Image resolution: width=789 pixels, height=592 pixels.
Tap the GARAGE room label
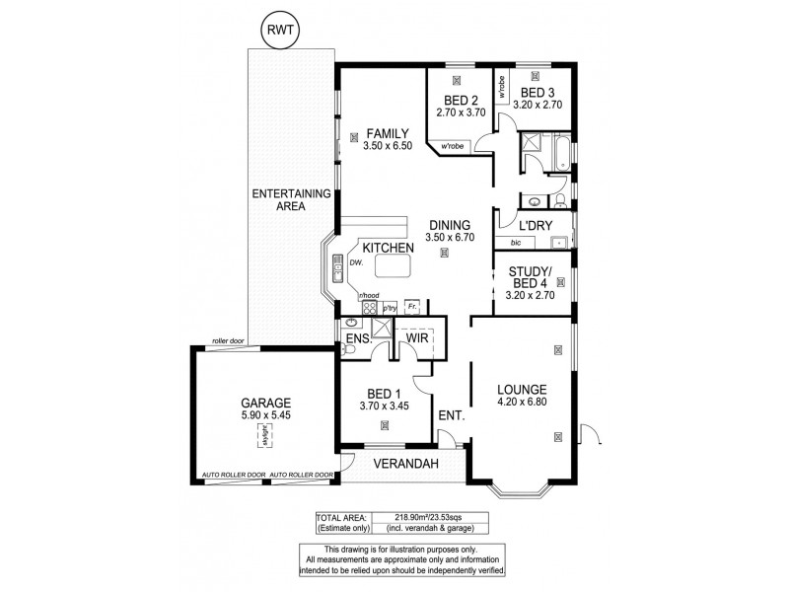265,403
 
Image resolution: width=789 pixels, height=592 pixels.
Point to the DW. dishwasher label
356,263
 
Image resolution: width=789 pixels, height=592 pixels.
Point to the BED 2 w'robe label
453,147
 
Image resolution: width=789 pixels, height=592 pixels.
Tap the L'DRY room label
536,226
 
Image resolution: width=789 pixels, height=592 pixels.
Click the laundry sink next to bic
558,241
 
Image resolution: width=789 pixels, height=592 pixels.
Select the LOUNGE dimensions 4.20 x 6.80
523,403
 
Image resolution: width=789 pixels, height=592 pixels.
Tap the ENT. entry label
451,416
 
